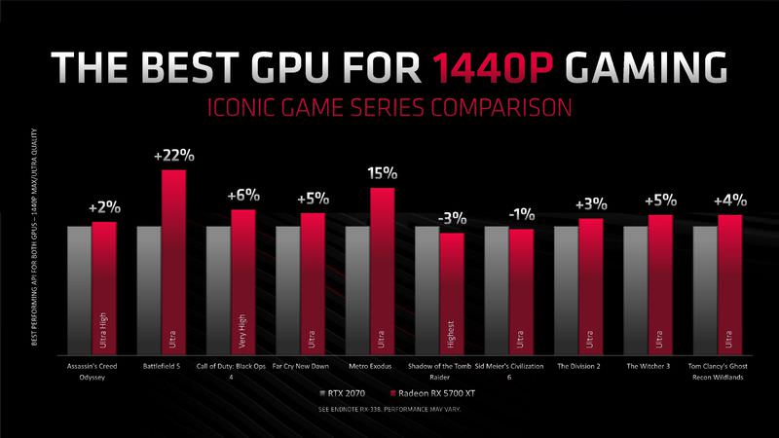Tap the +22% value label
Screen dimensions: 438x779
(x=173, y=156)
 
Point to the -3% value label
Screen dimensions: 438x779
(x=451, y=219)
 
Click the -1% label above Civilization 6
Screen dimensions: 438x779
(x=520, y=214)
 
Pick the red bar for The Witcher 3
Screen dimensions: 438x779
(x=660, y=282)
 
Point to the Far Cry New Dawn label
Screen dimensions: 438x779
(x=312, y=369)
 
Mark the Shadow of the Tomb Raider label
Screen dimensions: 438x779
(x=451, y=375)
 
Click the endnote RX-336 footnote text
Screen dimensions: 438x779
(x=389, y=410)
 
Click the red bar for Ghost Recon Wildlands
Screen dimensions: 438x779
(x=729, y=282)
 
